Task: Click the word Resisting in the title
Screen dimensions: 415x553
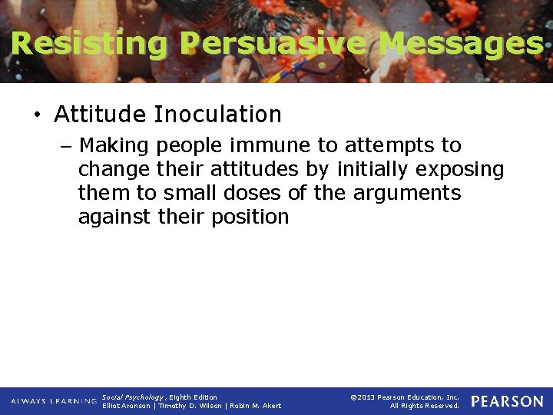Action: click(x=89, y=44)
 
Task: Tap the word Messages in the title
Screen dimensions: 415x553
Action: click(x=462, y=44)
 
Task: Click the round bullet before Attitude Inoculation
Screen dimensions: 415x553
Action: click(x=37, y=115)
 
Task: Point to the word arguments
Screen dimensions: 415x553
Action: click(x=407, y=193)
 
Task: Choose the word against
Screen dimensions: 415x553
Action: click(x=110, y=217)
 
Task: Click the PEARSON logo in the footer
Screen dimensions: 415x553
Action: click(x=507, y=401)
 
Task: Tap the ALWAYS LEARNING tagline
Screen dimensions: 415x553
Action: click(x=54, y=401)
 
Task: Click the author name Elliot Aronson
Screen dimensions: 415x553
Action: click(x=127, y=406)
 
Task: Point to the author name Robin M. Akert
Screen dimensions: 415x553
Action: click(x=256, y=406)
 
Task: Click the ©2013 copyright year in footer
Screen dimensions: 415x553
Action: click(x=363, y=397)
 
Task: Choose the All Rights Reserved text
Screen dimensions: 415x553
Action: click(x=424, y=406)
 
